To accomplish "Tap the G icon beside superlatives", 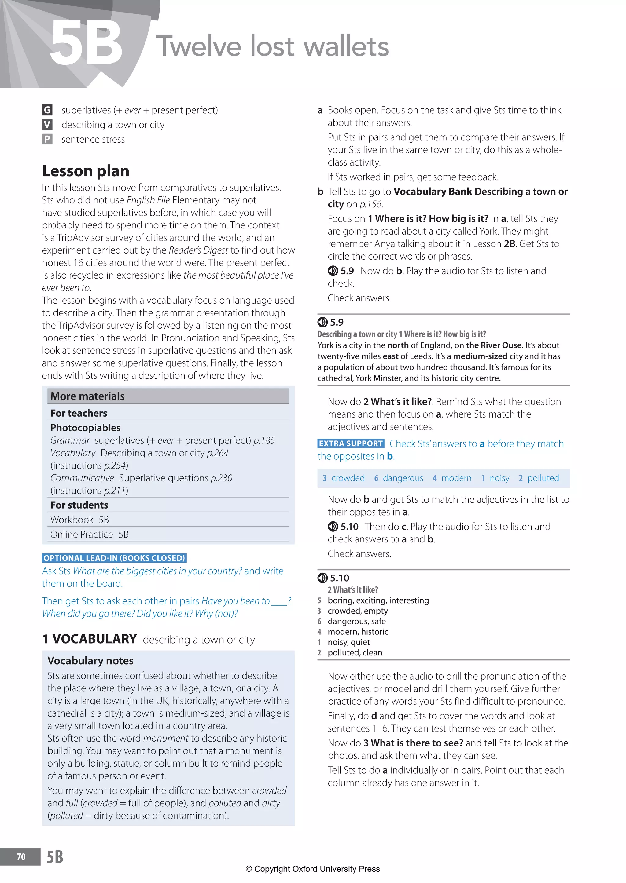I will [x=47, y=110].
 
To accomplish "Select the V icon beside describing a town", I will [x=47, y=125].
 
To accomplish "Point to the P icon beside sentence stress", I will [x=47, y=139].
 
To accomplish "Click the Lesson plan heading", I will [x=86, y=171].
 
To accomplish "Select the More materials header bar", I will [x=168, y=396].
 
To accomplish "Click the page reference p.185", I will [x=264, y=440].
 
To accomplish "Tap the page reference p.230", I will [x=221, y=478].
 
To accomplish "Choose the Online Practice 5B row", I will [x=90, y=535].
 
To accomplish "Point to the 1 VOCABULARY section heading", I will [x=90, y=639].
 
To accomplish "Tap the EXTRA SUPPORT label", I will [x=351, y=443].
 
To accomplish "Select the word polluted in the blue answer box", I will [x=543, y=478].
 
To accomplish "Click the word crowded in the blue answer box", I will [x=348, y=478].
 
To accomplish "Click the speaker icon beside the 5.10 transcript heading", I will [x=322, y=578].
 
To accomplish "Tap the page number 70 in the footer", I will [x=21, y=857].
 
